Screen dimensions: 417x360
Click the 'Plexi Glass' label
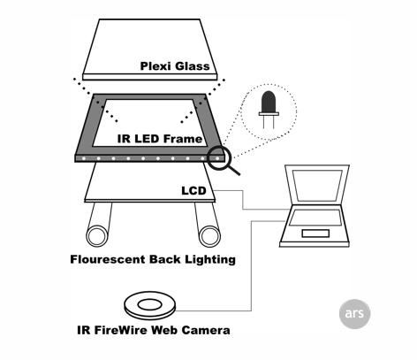point(175,66)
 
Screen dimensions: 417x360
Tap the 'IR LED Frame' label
point(160,139)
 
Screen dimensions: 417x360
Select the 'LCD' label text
point(193,191)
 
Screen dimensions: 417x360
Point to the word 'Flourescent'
point(108,259)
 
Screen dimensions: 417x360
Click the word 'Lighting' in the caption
point(210,260)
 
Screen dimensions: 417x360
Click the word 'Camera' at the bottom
point(206,330)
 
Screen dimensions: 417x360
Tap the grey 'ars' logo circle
point(354,314)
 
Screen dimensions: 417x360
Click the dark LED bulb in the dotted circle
point(269,102)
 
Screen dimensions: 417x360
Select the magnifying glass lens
point(219,157)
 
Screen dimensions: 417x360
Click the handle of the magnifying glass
point(234,171)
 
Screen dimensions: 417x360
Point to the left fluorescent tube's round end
point(97,236)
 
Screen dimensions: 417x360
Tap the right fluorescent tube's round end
point(209,236)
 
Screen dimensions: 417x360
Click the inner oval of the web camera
point(150,305)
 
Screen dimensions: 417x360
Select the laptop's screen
point(317,186)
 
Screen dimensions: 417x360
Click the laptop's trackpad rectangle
point(315,234)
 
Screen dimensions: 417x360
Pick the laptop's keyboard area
point(315,218)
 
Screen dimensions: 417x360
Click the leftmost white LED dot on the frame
point(84,158)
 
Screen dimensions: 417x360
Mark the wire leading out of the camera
point(251,265)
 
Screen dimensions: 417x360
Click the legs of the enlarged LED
point(269,122)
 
